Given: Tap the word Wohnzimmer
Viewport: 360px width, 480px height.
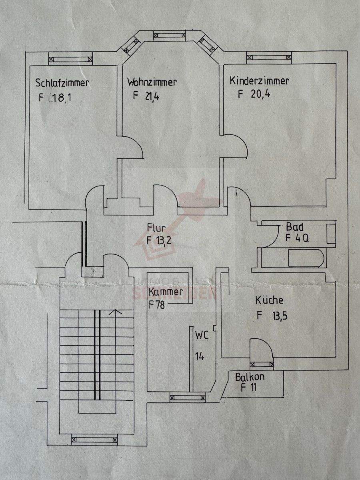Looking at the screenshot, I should point(152,82).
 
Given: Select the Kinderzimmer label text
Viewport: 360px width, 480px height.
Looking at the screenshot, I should point(259,81).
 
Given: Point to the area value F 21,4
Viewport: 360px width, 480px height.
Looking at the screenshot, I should point(146,96).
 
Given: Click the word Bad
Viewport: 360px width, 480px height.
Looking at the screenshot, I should point(295,226).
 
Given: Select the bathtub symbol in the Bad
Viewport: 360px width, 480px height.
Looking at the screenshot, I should point(306,258).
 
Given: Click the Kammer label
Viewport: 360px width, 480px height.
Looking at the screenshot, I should point(166,292).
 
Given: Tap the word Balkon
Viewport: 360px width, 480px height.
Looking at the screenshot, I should point(250,377).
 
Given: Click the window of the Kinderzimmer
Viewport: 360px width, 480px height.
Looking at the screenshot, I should point(269,57).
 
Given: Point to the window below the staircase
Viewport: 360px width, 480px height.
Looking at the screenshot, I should point(94,440).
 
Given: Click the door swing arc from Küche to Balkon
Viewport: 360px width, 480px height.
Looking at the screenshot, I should point(262,347).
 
